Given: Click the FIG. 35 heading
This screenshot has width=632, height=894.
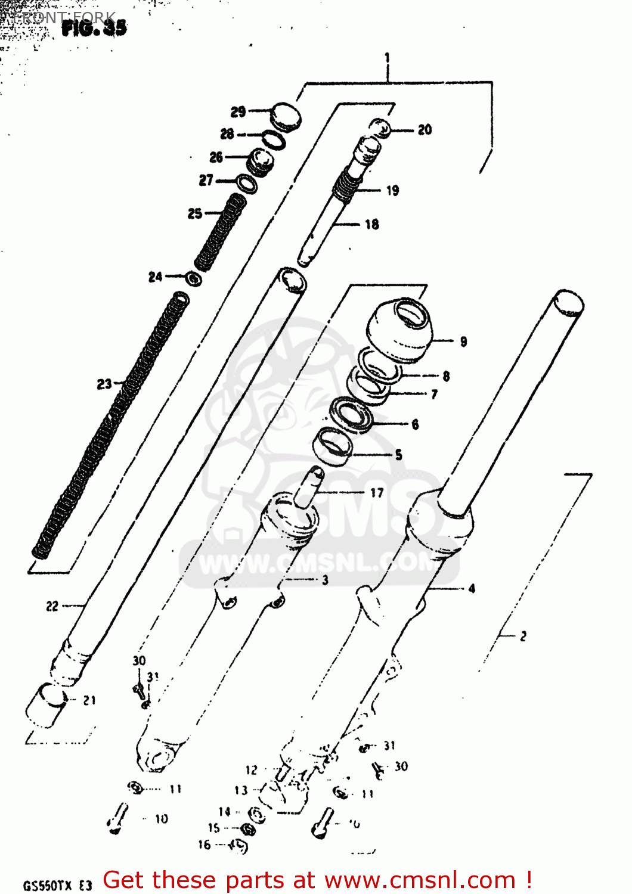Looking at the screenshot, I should pos(94,27).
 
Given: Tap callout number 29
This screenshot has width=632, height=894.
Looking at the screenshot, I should pos(238,111).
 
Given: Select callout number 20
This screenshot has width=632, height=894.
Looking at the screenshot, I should pos(425,130).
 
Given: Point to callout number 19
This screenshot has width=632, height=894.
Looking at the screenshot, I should pos(392,191).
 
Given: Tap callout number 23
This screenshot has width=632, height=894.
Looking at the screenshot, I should pos(104,384).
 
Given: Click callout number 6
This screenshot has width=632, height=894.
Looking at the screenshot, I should pos(415,424).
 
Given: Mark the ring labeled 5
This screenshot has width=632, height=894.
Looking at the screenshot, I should pos(333,447).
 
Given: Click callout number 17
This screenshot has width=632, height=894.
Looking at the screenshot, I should pos(377,493).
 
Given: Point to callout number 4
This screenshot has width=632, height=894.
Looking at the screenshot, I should pos(472,589).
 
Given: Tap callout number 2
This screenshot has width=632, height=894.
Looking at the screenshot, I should pos(523,637).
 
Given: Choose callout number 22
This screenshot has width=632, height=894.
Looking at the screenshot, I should pos(52,606).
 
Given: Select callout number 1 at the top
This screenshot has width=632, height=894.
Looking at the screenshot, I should pos(388,58).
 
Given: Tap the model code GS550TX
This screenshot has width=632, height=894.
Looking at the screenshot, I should pos(49,886).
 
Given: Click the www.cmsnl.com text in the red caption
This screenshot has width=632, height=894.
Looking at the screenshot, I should pos(419,880).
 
